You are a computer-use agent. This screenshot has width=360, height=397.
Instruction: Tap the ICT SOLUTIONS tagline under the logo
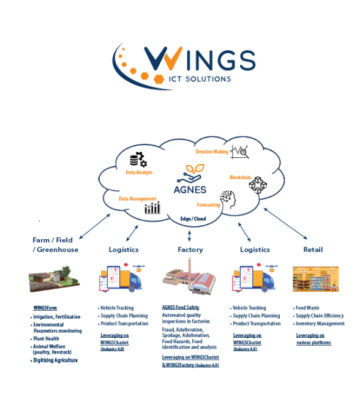tap(200, 79)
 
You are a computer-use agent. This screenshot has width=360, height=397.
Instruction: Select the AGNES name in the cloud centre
tap(190, 189)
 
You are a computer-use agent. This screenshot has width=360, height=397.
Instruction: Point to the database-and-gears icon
tap(138, 160)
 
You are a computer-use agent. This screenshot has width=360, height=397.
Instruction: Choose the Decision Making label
tap(212, 151)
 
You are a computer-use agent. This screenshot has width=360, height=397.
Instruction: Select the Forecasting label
tap(208, 205)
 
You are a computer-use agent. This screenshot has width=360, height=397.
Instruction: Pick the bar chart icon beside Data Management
tap(152, 208)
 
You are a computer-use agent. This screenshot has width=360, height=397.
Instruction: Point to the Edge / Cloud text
tap(193, 218)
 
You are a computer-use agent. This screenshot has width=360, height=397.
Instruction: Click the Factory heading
tap(190, 250)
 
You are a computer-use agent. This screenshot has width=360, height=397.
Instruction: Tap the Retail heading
tap(313, 250)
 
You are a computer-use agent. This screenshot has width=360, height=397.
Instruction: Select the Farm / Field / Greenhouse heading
tap(56, 245)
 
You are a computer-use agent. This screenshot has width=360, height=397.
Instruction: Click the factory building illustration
tap(189, 278)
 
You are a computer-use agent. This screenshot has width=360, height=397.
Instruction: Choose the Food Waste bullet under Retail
tap(307, 308)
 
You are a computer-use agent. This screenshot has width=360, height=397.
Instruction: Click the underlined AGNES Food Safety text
tap(181, 307)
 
